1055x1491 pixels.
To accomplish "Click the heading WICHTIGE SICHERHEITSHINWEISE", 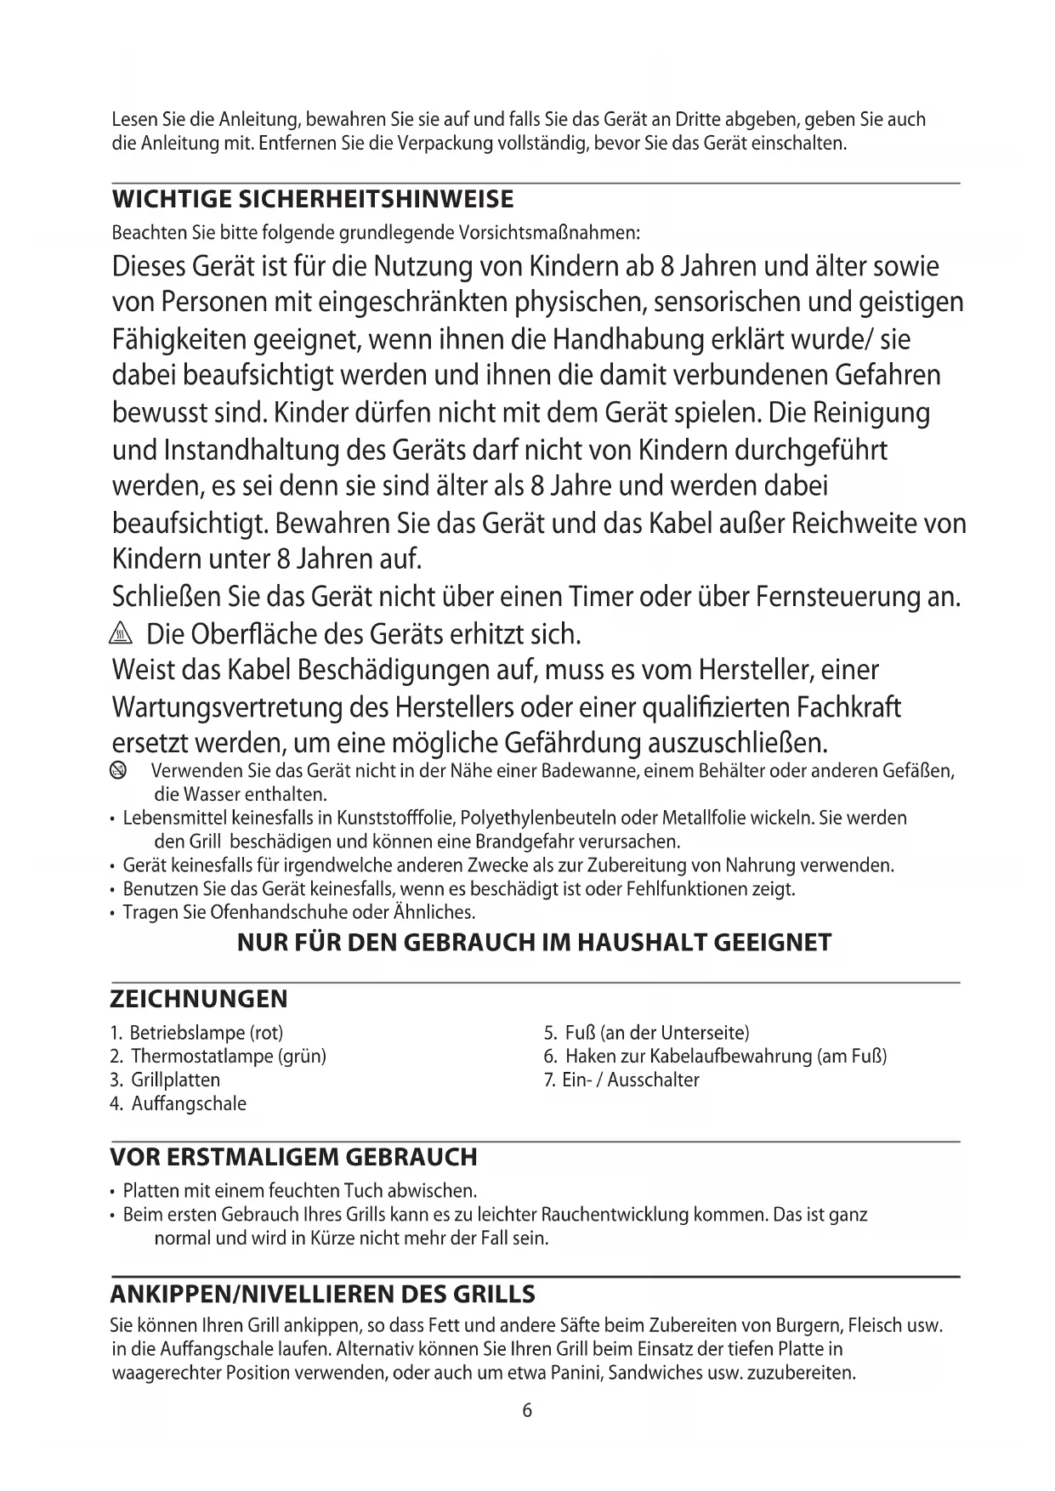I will tap(313, 201).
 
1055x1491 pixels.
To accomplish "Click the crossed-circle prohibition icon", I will tap(118, 771).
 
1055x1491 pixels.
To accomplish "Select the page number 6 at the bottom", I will tap(527, 1410).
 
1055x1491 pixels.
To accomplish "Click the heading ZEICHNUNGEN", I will tap(199, 999).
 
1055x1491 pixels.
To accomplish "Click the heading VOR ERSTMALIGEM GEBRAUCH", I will tap(293, 1158).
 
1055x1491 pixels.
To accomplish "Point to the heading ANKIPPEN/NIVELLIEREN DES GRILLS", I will tap(323, 1295).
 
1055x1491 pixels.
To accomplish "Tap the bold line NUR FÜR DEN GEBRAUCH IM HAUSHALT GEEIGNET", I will tap(534, 943).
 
